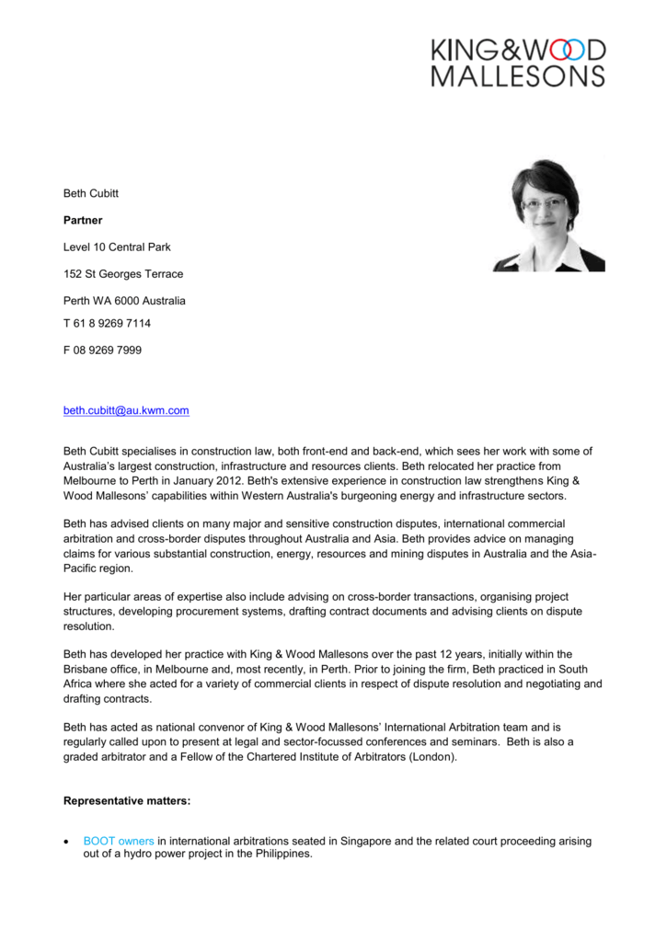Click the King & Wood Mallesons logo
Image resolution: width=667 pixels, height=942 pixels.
[518, 62]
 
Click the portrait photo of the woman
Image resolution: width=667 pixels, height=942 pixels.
[549, 215]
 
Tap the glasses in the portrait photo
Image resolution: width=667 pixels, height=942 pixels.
[544, 202]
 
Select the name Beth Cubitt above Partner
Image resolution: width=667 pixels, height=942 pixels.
[91, 193]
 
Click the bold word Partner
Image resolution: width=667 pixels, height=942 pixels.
[83, 221]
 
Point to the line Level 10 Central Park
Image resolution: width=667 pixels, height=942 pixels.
[117, 247]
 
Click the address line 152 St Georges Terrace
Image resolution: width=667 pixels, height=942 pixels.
[123, 274]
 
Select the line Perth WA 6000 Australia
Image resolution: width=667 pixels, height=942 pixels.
[124, 301]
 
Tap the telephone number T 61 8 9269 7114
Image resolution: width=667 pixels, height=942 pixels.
[107, 324]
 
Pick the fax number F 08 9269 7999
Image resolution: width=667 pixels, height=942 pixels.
[102, 350]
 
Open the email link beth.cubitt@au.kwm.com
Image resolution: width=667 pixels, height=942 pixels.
[126, 410]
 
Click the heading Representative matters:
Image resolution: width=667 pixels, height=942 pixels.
[127, 801]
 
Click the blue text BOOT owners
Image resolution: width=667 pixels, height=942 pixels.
[119, 841]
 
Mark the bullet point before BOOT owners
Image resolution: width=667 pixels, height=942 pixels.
[67, 842]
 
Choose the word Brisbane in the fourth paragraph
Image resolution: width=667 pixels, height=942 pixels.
[86, 670]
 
